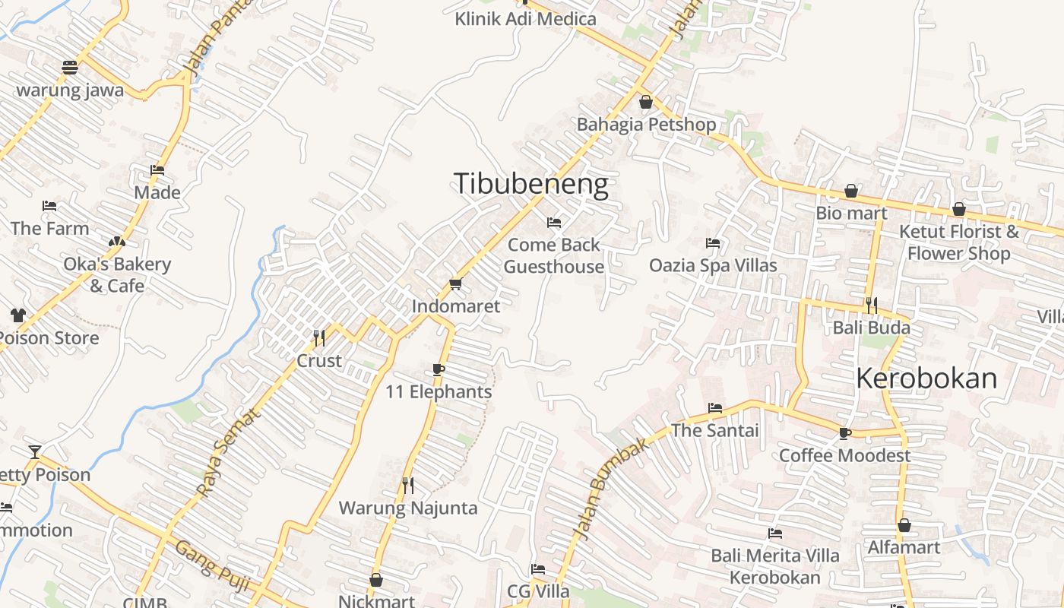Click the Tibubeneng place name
point(530,185)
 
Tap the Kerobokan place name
point(926,378)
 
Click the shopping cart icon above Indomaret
point(455,284)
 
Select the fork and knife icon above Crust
point(319,337)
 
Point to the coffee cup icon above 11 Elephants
point(438,369)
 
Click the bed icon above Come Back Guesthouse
point(554,223)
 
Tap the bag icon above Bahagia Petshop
point(646,101)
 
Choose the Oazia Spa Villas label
point(713,265)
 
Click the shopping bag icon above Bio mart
point(851,191)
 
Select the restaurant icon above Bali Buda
point(871,306)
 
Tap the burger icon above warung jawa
point(70,67)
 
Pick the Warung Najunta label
point(408,508)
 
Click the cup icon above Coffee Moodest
point(844,433)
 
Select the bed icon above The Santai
point(715,408)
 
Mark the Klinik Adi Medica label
point(525,18)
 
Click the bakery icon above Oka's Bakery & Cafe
point(116,242)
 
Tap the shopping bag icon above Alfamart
point(904,525)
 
